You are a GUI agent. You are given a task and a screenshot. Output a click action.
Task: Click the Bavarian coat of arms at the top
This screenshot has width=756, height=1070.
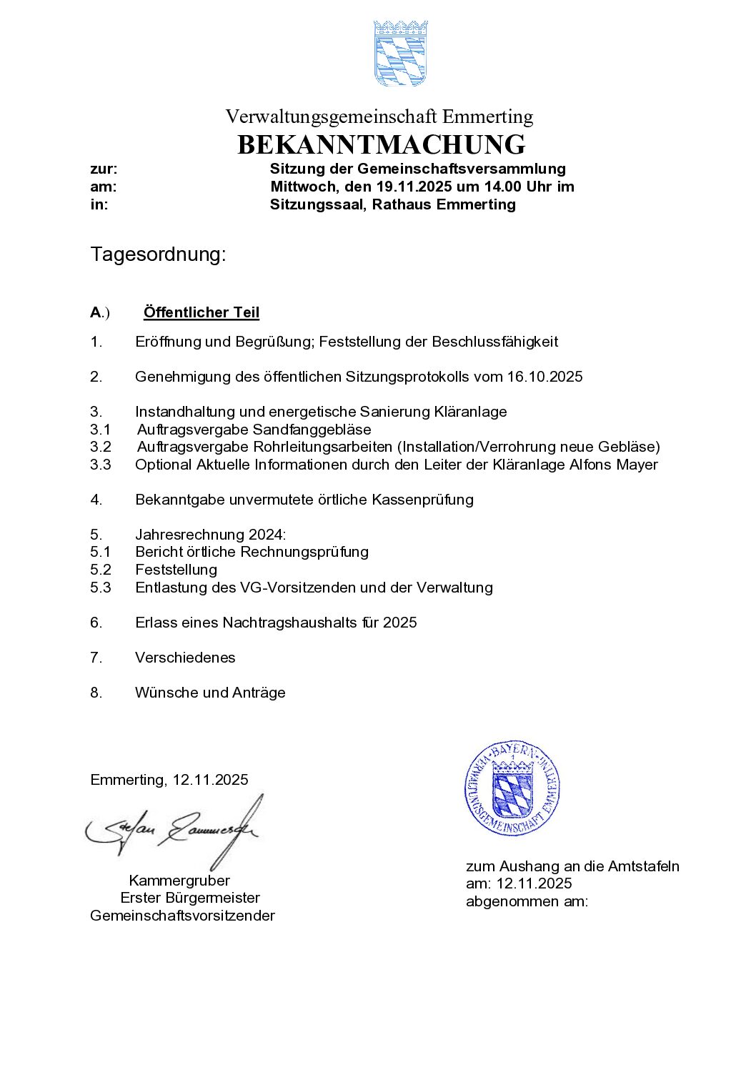[x=400, y=54]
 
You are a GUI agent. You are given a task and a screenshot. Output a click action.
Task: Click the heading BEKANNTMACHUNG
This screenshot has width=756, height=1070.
[x=381, y=144]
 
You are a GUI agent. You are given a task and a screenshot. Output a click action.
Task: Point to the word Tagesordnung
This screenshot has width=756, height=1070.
[x=158, y=254]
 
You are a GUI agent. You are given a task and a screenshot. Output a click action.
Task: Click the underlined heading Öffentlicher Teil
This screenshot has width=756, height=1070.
[x=201, y=312]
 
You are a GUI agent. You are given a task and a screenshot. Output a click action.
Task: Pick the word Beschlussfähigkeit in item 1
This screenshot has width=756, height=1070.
[x=494, y=342]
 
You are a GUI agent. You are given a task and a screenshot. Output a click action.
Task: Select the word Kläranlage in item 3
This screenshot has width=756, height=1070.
[x=470, y=412]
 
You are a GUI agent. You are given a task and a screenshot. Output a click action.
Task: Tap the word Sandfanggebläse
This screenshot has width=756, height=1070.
[x=312, y=430]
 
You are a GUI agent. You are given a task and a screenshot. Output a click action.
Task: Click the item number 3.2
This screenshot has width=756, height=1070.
[x=101, y=447]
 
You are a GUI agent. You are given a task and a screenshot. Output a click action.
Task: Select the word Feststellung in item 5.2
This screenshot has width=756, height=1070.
[x=176, y=570]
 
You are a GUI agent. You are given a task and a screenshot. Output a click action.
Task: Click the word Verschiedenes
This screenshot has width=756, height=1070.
[x=185, y=658]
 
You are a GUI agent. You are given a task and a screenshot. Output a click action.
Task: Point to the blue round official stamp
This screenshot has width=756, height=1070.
[x=512, y=788]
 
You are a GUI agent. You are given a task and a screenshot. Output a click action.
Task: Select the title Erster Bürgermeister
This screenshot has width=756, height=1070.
[x=190, y=898]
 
